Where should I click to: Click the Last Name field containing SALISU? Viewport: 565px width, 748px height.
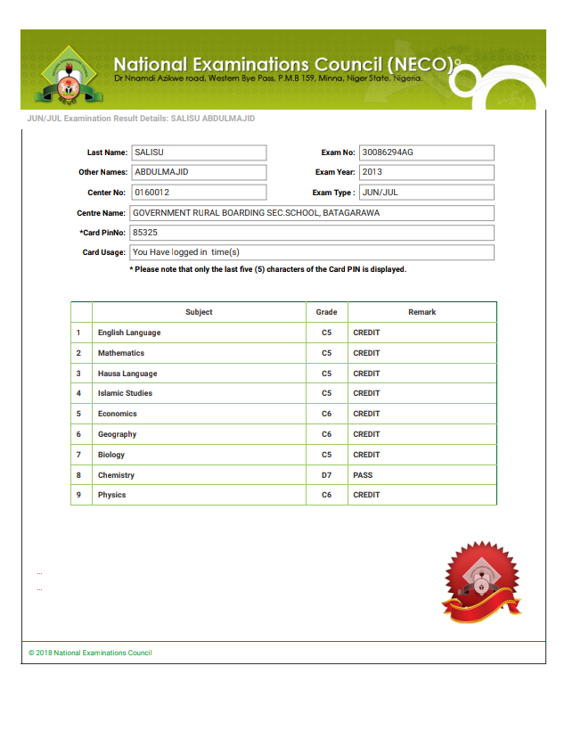click(x=198, y=152)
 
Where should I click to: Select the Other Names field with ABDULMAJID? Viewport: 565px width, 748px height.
click(x=198, y=172)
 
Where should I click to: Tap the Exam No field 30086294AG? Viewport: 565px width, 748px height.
click(x=426, y=152)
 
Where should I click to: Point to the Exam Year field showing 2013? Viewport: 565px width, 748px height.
click(x=426, y=172)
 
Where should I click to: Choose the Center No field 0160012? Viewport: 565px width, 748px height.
click(x=198, y=192)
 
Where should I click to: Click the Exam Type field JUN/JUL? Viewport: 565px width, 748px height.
click(x=426, y=192)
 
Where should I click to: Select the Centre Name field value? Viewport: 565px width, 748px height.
click(x=311, y=213)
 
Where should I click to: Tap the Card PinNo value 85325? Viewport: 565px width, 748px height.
click(x=311, y=233)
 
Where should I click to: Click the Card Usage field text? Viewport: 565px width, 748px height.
click(x=311, y=252)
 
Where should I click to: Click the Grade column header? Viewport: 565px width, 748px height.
click(x=326, y=312)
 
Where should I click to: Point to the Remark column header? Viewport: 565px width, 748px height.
click(x=422, y=312)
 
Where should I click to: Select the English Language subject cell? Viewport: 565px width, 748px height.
click(x=129, y=333)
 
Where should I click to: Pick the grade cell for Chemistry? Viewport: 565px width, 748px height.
click(x=326, y=475)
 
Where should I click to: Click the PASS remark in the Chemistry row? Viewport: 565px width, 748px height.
click(x=363, y=475)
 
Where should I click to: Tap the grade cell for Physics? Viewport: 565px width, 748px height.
click(x=326, y=495)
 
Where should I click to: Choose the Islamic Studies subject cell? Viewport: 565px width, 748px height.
click(x=125, y=393)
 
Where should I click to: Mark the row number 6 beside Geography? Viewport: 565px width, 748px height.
click(x=78, y=434)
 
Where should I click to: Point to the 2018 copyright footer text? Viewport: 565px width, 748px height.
click(x=90, y=653)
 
